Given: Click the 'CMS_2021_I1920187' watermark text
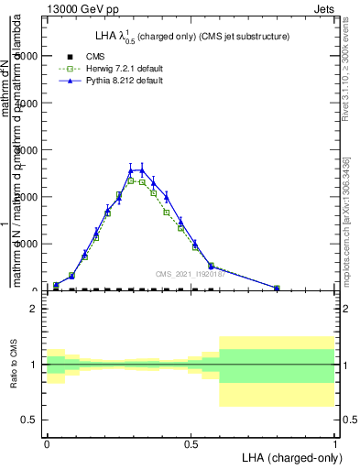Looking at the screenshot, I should (x=191, y=273).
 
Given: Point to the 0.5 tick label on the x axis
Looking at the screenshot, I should (x=191, y=442).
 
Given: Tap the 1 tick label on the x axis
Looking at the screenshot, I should (x=334, y=442).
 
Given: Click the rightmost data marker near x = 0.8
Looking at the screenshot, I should (x=277, y=288).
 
